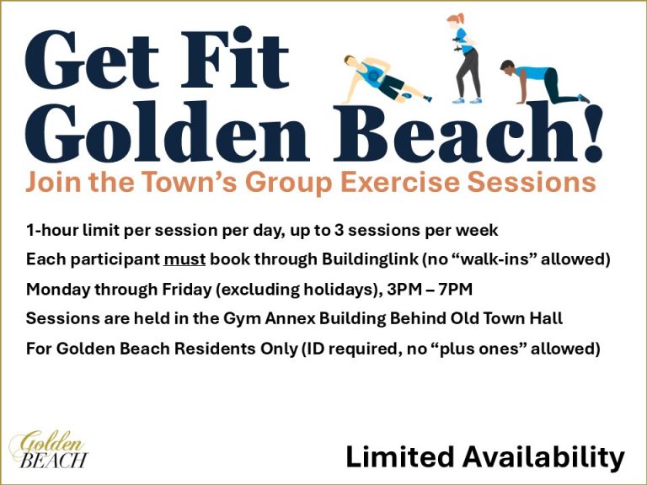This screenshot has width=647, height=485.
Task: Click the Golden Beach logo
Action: click(49, 449)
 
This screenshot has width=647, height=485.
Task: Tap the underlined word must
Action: click(184, 259)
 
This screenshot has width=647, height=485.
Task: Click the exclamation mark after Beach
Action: click(593, 132)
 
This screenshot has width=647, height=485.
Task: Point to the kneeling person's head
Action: click(507, 67)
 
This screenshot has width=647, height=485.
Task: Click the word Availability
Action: click(544, 458)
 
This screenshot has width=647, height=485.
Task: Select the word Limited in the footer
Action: click(400, 456)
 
